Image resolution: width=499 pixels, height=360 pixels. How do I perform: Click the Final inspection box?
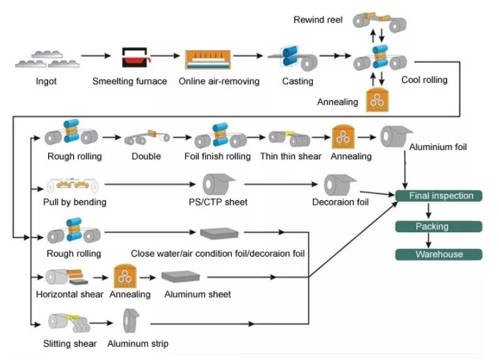pyautogui.click(x=441, y=196)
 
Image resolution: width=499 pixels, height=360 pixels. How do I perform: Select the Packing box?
pyautogui.click(x=432, y=226)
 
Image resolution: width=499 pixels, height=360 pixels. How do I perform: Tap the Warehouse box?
pyautogui.click(x=439, y=254)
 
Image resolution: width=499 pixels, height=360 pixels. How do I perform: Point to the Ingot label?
pyautogui.click(x=46, y=81)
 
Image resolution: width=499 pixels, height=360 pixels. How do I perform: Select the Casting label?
pyautogui.click(x=298, y=81)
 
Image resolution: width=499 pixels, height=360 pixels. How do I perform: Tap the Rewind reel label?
pyautogui.click(x=318, y=20)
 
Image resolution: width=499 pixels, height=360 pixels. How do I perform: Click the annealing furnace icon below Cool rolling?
pyautogui.click(x=378, y=101)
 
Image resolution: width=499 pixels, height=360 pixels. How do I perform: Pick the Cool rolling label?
pyautogui.click(x=424, y=80)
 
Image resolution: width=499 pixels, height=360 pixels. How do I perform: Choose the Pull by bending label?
pyautogui.click(x=71, y=202)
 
